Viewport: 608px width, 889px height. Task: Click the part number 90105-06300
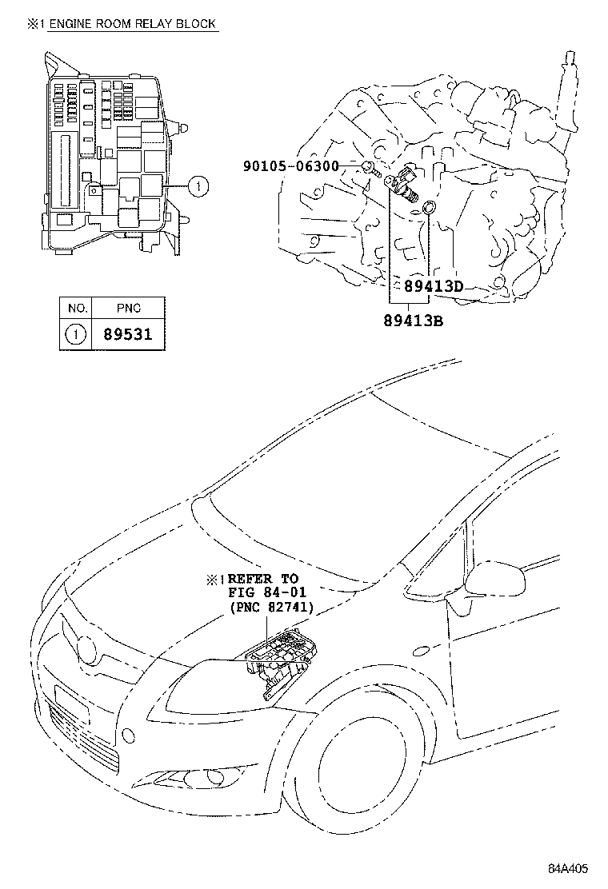pos(291,166)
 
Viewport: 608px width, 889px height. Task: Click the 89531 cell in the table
pos(128,335)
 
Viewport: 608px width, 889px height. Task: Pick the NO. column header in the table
pos(76,308)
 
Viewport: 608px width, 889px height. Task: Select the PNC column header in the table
pos(128,308)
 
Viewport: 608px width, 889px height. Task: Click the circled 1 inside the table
pos(76,335)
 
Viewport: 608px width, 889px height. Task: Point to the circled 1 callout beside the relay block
pos(198,187)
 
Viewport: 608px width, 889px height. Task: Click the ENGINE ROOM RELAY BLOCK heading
pos(132,24)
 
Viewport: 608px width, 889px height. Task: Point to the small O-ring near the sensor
pos(429,209)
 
